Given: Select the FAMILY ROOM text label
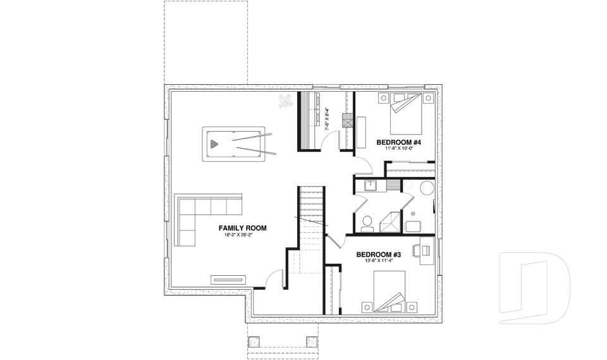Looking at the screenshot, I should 242,228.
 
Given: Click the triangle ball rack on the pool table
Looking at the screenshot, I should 215,145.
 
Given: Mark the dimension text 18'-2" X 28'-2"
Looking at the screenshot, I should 242,235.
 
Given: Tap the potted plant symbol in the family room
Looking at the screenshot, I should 286,101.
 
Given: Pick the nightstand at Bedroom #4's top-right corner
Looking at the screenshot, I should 429,98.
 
